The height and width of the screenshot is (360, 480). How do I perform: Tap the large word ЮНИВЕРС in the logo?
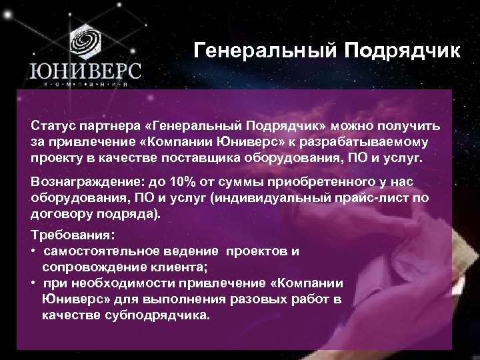[84, 71]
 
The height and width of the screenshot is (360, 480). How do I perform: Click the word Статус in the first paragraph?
[53, 127]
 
